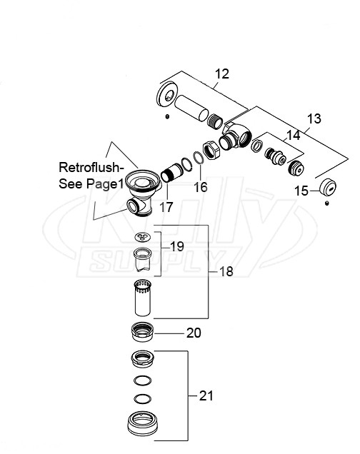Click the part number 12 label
tap(223, 73)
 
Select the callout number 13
tap(314, 119)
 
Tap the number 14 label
tap(293, 133)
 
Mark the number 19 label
tap(177, 247)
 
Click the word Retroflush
tap(91, 168)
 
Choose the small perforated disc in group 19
tap(143, 238)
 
